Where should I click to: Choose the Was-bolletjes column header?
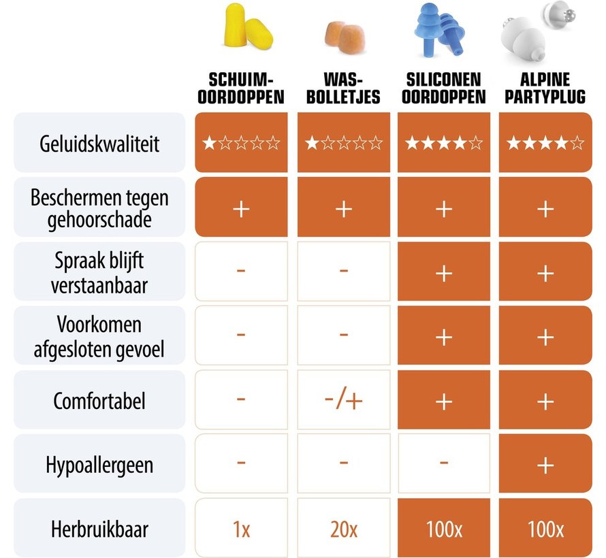(344, 88)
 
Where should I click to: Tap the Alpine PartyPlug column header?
(545, 88)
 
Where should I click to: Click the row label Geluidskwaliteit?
(99, 143)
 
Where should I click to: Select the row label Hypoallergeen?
(99, 465)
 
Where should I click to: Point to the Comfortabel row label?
(99, 400)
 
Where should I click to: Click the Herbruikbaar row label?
(99, 529)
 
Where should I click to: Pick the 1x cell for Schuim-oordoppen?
(241, 529)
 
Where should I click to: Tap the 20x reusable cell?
(343, 529)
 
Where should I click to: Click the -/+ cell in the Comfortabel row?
(343, 400)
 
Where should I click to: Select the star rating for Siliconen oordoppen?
(444, 143)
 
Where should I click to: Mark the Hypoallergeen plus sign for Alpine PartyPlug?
(545, 465)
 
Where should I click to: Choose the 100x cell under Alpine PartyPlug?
(545, 529)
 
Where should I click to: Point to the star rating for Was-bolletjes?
(343, 143)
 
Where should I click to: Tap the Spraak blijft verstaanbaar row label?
(99, 272)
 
